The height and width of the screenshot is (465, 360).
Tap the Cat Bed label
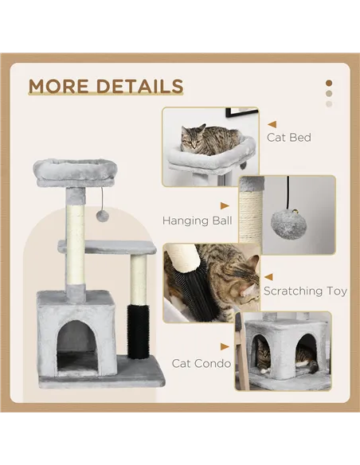[289, 137]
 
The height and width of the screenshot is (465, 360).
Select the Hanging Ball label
[197, 220]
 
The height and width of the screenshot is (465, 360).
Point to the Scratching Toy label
[305, 291]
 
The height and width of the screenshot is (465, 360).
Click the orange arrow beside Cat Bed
[272, 124]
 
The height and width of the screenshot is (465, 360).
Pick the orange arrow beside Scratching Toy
[268, 275]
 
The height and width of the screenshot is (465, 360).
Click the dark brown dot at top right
[328, 83]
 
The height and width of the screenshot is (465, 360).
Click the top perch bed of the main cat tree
[75, 170]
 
